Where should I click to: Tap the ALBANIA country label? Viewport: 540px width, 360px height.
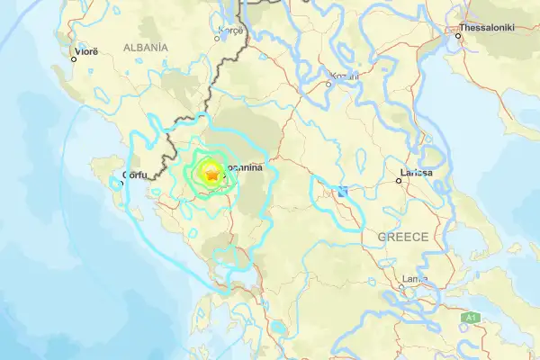click(146, 47)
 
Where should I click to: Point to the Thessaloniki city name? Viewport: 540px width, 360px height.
click(487, 28)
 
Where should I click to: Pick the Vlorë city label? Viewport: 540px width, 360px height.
click(85, 52)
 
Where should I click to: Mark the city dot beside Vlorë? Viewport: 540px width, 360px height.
click(75, 59)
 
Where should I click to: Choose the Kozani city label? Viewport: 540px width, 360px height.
click(344, 76)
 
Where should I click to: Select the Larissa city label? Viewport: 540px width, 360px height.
click(417, 172)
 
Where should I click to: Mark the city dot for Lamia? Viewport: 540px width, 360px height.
click(401, 288)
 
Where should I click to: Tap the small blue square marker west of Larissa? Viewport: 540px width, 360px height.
click(343, 191)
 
